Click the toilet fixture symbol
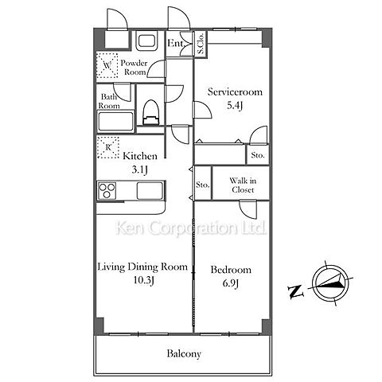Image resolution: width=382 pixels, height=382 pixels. [151, 112]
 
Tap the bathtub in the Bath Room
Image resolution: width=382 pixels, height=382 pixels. [115, 122]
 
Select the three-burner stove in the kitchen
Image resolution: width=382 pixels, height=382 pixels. [107, 190]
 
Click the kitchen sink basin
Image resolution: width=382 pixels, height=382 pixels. [150, 190]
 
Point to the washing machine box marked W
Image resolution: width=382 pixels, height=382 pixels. [107, 65]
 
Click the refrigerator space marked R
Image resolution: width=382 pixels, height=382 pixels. [107, 147]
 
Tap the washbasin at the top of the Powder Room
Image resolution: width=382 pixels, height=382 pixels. [146, 41]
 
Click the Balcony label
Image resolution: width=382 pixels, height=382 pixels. [184, 353]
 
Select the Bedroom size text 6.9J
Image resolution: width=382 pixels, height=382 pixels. [231, 283]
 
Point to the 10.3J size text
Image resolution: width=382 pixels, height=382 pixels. [143, 280]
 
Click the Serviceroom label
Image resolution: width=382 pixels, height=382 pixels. [235, 92]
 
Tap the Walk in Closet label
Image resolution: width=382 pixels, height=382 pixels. [243, 185]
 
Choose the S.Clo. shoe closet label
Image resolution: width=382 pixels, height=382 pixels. [201, 43]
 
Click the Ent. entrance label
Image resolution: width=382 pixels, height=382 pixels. [175, 43]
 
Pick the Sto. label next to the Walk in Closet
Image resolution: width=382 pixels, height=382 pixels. [203, 185]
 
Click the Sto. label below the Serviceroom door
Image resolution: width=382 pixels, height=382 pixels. [258, 155]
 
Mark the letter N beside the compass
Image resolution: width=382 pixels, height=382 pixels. [296, 291]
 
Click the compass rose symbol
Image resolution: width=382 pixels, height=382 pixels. [331, 283]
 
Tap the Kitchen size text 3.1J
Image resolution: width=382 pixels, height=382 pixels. [139, 170]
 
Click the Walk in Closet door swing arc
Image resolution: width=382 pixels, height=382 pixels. [245, 213]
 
